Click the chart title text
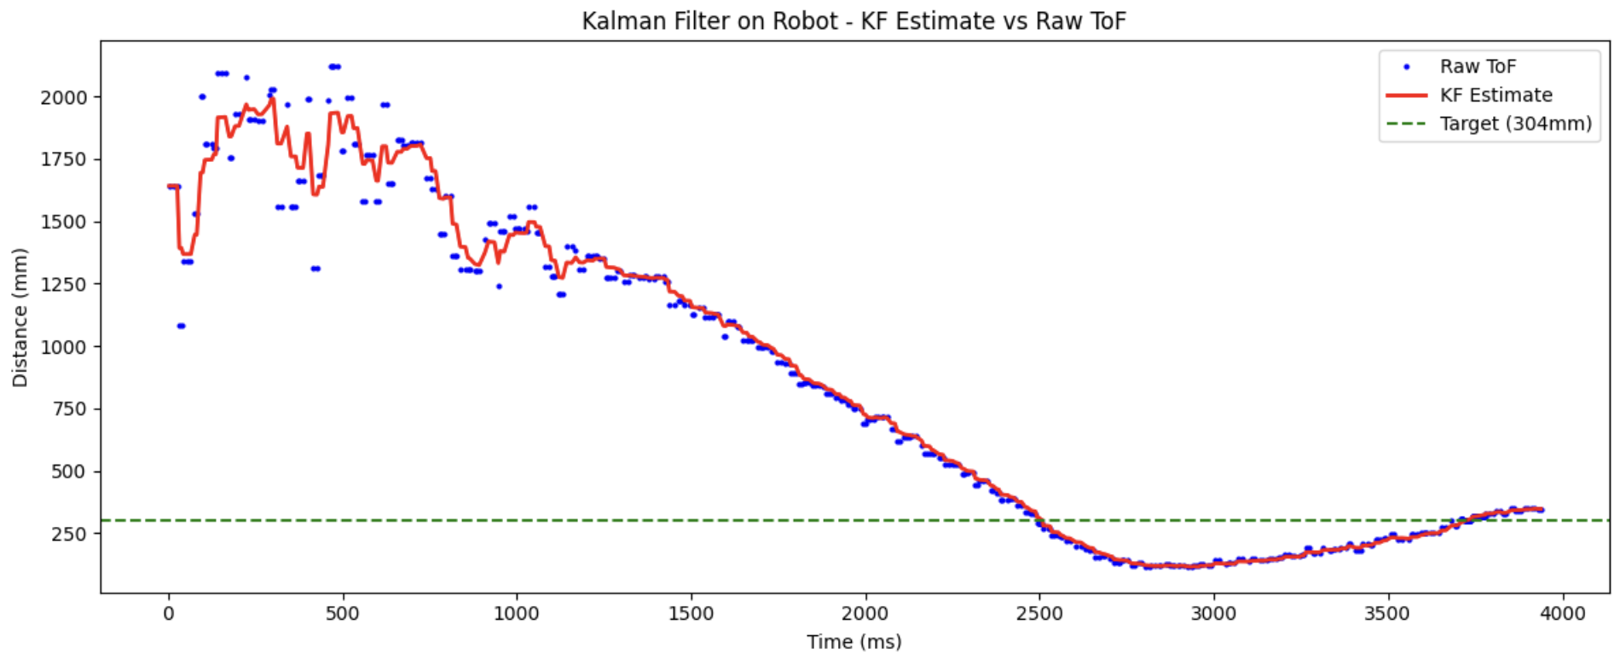tap(853, 20)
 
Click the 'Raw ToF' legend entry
tap(1478, 66)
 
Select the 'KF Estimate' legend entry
tap(1496, 95)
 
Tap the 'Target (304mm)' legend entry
tap(1515, 124)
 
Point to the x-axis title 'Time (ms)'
tap(853, 642)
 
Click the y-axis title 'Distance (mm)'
tap(20, 317)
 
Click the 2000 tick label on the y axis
tap(64, 97)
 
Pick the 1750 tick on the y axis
tap(64, 159)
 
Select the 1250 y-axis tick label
tap(64, 284)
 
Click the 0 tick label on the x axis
tap(169, 614)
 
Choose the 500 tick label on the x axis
tap(343, 614)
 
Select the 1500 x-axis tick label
tap(691, 614)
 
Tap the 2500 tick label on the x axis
tap(1039, 614)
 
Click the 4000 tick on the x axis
tap(1562, 614)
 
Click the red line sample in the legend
tap(1407, 95)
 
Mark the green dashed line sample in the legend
tap(1407, 124)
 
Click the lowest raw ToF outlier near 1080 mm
tap(181, 326)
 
